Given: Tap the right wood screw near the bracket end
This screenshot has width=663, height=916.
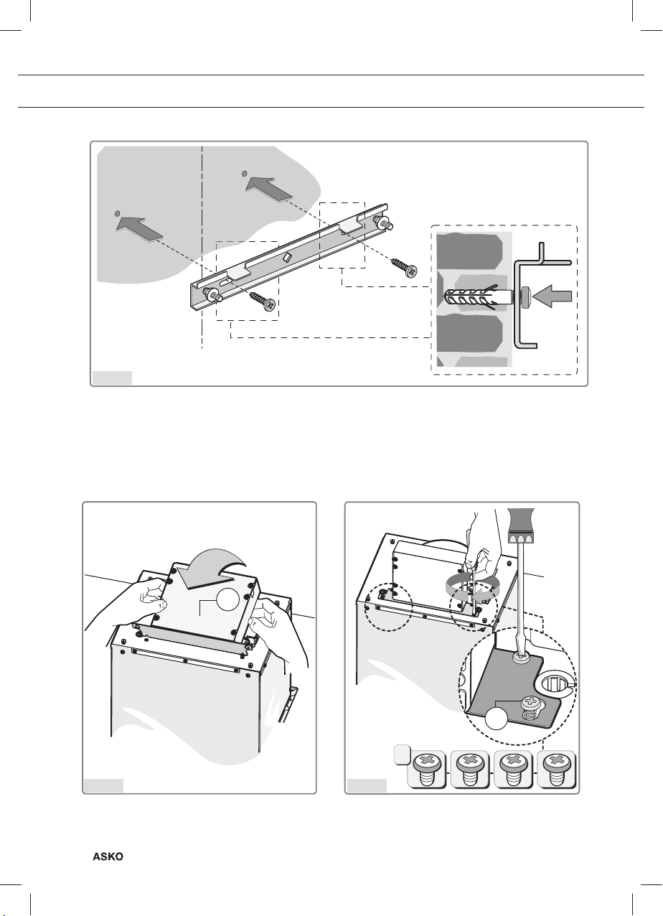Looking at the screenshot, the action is [403, 266].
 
